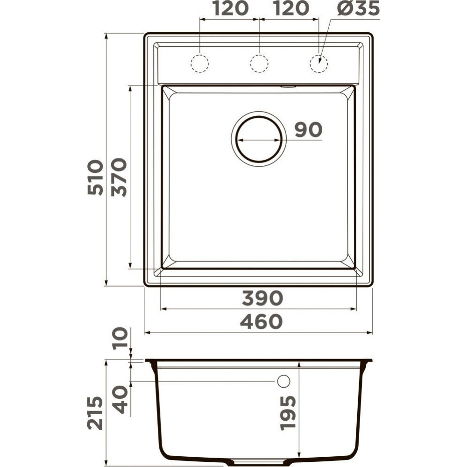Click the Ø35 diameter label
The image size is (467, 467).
pyautogui.click(x=358, y=8)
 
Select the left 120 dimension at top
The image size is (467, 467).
pyautogui.click(x=231, y=8)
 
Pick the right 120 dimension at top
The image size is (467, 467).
pyautogui.click(x=290, y=8)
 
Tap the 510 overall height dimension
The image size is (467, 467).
pyautogui.click(x=95, y=177)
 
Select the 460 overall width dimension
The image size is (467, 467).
pyautogui.click(x=261, y=322)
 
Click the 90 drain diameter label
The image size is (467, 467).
pyautogui.click(x=309, y=129)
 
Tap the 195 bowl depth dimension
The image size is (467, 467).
pyautogui.click(x=288, y=413)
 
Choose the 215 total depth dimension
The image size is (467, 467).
pyautogui.click(x=95, y=413)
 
